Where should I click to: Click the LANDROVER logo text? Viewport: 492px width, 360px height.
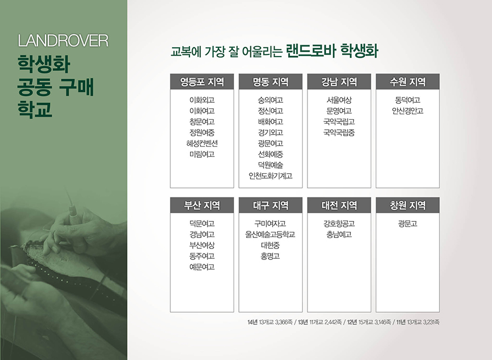[63, 41]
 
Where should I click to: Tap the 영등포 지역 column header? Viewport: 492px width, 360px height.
[202, 82]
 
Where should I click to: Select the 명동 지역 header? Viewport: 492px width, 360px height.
[271, 82]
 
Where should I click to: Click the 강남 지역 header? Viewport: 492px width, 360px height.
[339, 82]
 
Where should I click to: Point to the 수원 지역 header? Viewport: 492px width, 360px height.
[407, 82]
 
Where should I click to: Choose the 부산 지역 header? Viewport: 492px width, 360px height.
[202, 205]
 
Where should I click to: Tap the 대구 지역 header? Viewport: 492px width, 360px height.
[271, 205]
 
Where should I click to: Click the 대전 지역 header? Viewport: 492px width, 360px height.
[339, 205]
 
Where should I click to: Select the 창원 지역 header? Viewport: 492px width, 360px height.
[407, 205]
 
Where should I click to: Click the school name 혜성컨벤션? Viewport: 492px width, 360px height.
[202, 143]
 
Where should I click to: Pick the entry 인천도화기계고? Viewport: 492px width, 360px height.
[271, 175]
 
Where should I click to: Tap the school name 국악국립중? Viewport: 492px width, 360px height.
[339, 132]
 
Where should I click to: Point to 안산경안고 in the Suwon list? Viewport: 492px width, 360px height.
[407, 110]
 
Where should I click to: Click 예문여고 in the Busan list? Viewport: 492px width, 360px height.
[202, 267]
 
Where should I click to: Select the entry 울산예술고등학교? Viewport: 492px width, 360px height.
[270, 234]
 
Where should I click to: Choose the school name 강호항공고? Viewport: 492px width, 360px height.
[339, 223]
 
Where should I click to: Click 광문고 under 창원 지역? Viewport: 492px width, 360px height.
[407, 223]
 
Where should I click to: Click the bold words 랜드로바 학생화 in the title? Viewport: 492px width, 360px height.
[332, 51]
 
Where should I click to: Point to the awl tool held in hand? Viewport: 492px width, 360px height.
[71, 204]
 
